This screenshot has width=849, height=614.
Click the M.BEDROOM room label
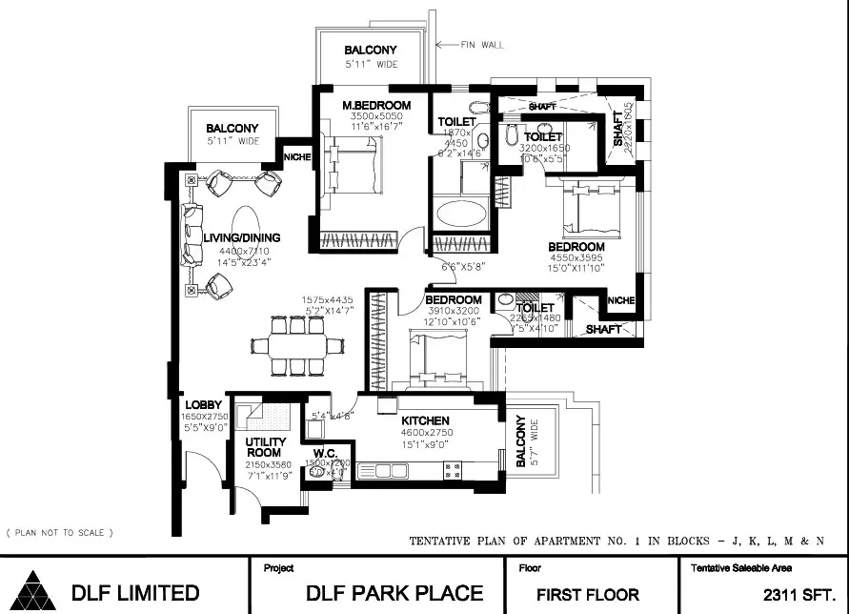377,105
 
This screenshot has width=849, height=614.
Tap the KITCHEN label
425,420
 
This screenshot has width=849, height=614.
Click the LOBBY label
203,405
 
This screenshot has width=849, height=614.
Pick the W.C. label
327,453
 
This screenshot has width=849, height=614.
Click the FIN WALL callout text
482,45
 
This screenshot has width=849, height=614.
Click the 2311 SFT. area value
800,593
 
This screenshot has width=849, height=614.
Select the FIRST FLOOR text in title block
587,593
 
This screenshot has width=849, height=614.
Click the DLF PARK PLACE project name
394,592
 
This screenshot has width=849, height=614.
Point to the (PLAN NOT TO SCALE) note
59,532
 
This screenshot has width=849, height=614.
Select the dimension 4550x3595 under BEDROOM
576,258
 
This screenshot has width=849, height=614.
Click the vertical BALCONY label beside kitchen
520,443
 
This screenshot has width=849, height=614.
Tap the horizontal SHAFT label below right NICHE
604,329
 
